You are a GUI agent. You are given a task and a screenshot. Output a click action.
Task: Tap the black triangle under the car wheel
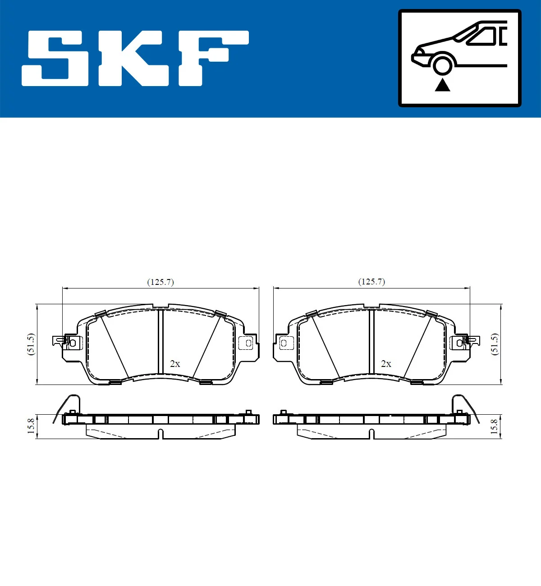442,84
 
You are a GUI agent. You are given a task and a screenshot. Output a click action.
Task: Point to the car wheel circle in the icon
442,64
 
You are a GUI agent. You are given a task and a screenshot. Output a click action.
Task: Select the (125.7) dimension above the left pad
160,282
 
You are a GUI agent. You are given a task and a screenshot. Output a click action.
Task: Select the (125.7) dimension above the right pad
371,282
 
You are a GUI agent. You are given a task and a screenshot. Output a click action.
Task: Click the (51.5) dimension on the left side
31,344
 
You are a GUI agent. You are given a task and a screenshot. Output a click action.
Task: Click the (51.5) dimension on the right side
495,344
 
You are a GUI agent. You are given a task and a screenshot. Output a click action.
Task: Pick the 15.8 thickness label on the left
31,426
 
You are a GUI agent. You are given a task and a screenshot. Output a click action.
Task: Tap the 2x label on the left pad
175,364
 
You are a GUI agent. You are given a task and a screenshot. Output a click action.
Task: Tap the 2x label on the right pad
386,364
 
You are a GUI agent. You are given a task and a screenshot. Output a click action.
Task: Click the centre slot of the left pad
160,342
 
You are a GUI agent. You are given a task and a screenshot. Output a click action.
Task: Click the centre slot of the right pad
371,342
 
